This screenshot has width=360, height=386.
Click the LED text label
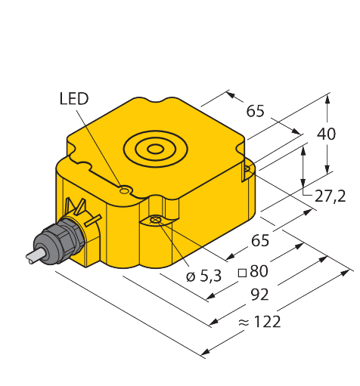[x=74, y=98]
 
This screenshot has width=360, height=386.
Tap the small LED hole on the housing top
[x=124, y=190]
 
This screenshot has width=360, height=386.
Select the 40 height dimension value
[x=326, y=134]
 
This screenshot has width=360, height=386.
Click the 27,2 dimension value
[x=330, y=196]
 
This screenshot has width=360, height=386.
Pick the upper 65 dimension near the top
[x=256, y=111]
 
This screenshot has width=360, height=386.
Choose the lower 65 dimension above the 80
[x=260, y=240]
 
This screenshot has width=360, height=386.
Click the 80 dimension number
[x=259, y=271]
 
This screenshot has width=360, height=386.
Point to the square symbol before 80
[x=242, y=273]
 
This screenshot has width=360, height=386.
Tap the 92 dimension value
[x=260, y=295]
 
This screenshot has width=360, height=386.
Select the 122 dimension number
[x=267, y=322]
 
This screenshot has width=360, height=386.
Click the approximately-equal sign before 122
[x=244, y=322]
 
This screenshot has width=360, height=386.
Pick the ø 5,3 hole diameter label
[x=203, y=276]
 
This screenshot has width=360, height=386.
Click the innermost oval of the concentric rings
[x=156, y=149]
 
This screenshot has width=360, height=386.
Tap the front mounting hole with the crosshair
[x=156, y=220]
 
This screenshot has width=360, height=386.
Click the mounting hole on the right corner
[x=247, y=168]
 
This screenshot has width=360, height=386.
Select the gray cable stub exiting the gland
[x=35, y=256]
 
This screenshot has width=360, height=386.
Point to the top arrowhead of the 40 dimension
[x=327, y=99]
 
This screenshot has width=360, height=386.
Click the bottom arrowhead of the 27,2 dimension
[x=303, y=183]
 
